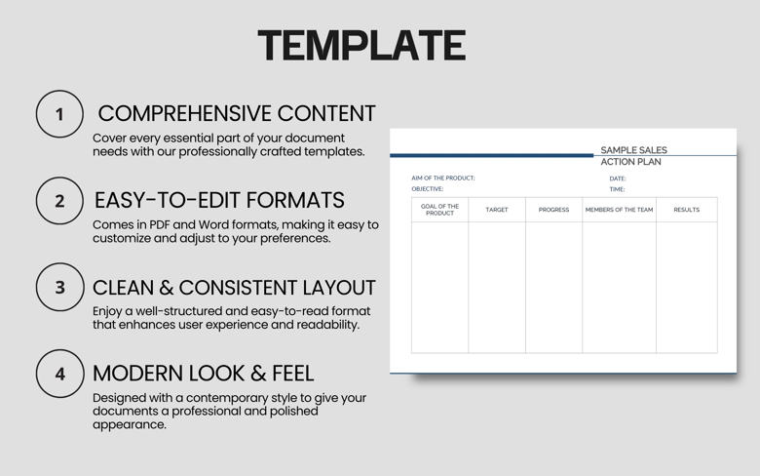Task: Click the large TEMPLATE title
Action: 361,46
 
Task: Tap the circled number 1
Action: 59,114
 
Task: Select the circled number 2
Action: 59,201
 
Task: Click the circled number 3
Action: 59,288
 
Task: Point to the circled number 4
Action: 59,374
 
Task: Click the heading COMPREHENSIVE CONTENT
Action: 237,113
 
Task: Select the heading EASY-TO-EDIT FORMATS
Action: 219,200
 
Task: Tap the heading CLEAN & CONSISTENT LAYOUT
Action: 234,288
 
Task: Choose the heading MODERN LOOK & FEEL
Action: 203,373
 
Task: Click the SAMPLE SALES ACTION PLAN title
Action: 632,156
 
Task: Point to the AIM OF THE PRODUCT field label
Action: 443,178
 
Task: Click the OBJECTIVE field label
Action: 427,189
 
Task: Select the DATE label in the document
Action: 618,178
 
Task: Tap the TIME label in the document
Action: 617,189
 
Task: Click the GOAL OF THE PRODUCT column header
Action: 439,210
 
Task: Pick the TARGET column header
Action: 497,210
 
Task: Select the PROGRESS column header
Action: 553,210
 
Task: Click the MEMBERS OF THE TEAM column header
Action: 619,210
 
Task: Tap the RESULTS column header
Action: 686,210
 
